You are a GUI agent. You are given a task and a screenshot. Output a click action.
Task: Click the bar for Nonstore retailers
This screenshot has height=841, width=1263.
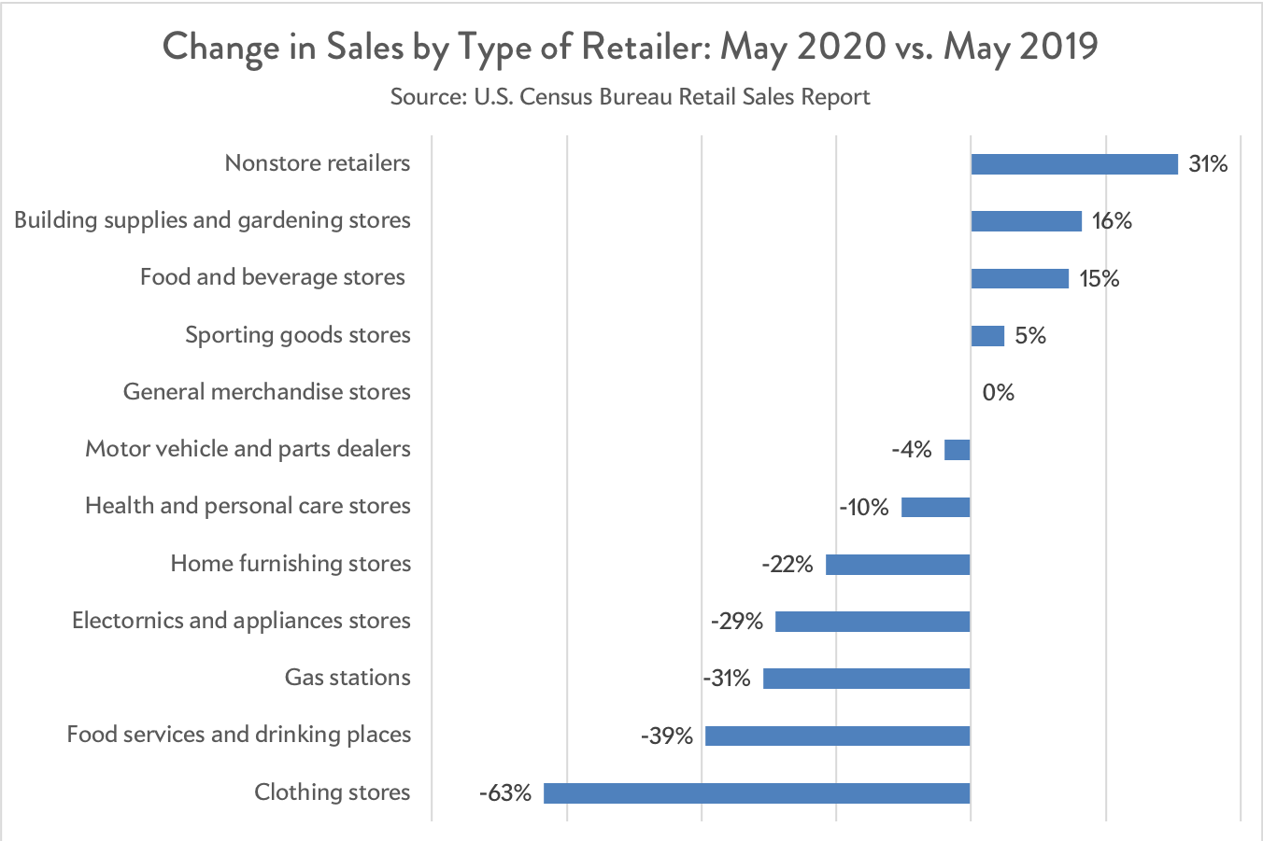pos(1074,164)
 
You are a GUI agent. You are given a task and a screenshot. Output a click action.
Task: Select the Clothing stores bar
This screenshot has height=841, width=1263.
pos(757,793)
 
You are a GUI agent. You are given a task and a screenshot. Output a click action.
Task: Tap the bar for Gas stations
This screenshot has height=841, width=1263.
pos(866,679)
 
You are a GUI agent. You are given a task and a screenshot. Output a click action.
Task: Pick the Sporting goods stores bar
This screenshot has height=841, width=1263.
pos(987,336)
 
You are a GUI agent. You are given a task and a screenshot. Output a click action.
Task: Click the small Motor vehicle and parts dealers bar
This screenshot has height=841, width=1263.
pos(958,450)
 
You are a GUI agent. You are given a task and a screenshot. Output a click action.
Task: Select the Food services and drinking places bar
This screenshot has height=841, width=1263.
pos(837,736)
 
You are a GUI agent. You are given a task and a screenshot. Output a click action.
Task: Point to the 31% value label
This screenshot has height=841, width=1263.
pos(1208,164)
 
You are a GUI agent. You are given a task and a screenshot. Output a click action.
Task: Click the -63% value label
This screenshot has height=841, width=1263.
pos(505,793)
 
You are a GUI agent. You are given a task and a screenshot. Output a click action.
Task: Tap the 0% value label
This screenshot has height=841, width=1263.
pos(998,393)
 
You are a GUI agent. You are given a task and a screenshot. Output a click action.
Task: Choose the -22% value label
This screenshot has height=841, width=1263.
pos(788,564)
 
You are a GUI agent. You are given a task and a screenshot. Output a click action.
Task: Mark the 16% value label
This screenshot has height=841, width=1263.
pos(1112,221)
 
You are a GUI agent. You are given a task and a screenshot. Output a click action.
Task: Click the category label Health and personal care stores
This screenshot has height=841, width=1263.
pos(248,506)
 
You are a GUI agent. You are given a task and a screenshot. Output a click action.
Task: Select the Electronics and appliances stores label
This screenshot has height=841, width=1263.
pos(241,621)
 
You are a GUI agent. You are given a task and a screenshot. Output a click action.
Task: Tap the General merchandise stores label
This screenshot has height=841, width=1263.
pos(266,392)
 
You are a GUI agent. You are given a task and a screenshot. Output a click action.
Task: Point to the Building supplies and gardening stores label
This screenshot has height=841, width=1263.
pos(212,220)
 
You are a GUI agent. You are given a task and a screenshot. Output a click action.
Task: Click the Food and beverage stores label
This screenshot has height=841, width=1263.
pos(273,277)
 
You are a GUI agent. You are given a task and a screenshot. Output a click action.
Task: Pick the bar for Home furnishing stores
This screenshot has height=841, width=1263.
pos(898,565)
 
